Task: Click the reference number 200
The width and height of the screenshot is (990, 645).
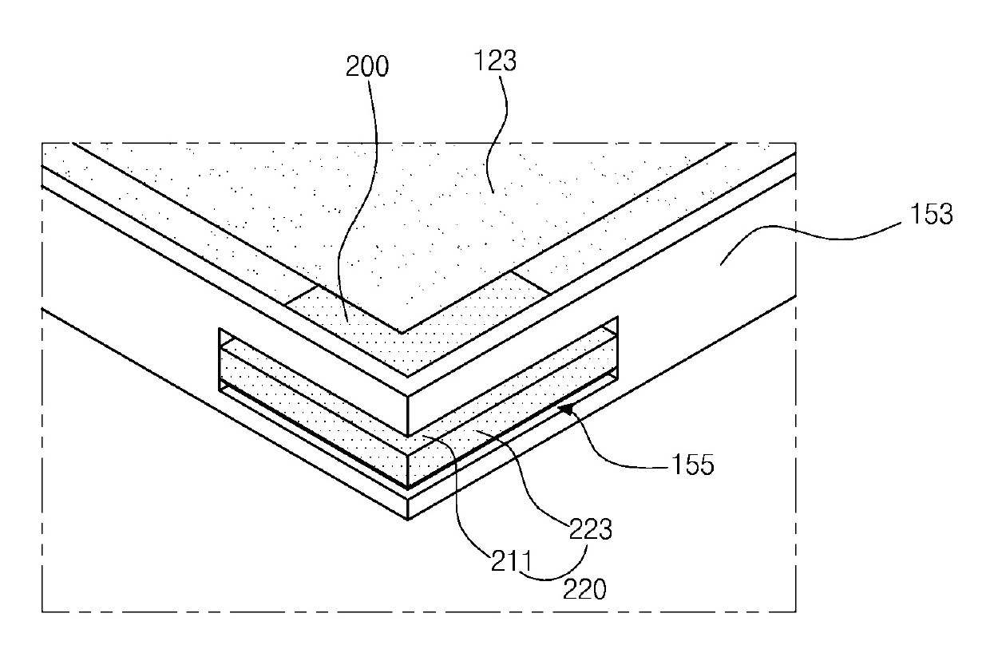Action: coord(367,67)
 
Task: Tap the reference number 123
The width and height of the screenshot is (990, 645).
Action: coord(497,61)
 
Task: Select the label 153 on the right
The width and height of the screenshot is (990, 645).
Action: coord(930,215)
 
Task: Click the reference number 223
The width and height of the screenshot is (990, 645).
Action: coord(591,529)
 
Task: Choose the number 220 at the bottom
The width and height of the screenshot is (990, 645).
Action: coord(584,589)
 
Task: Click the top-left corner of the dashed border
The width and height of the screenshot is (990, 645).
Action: coord(42,143)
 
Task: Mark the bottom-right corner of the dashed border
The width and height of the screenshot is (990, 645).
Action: coord(796,612)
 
